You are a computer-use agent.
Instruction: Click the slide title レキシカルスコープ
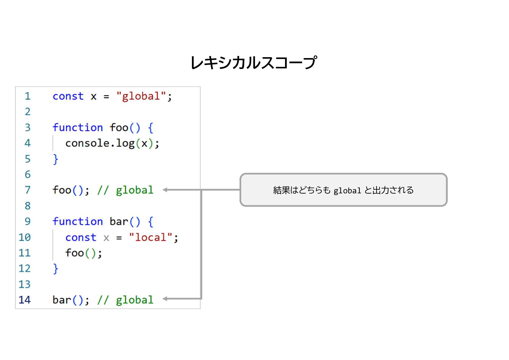(x=254, y=63)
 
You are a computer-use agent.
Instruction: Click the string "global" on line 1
(x=141, y=96)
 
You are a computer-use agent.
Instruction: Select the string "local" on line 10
(x=151, y=237)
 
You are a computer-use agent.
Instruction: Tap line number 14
(x=25, y=300)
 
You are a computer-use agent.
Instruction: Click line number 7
(x=28, y=190)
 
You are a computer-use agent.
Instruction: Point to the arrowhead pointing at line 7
(x=165, y=190)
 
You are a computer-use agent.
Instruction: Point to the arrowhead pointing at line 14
(x=165, y=299)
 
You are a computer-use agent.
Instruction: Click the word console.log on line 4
(x=100, y=143)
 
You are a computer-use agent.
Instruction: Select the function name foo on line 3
(x=119, y=128)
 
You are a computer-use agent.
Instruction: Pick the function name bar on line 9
(x=119, y=222)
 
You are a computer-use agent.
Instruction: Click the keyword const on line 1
(x=68, y=96)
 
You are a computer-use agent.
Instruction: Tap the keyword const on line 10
(x=81, y=237)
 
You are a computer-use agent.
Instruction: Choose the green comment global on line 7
(x=135, y=190)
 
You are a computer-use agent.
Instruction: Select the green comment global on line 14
(x=135, y=300)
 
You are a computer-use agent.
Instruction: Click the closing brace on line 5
(x=55, y=159)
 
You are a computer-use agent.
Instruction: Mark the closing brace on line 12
(x=55, y=269)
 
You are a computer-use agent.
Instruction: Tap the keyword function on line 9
(x=78, y=222)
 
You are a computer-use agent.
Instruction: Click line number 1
(x=28, y=96)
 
